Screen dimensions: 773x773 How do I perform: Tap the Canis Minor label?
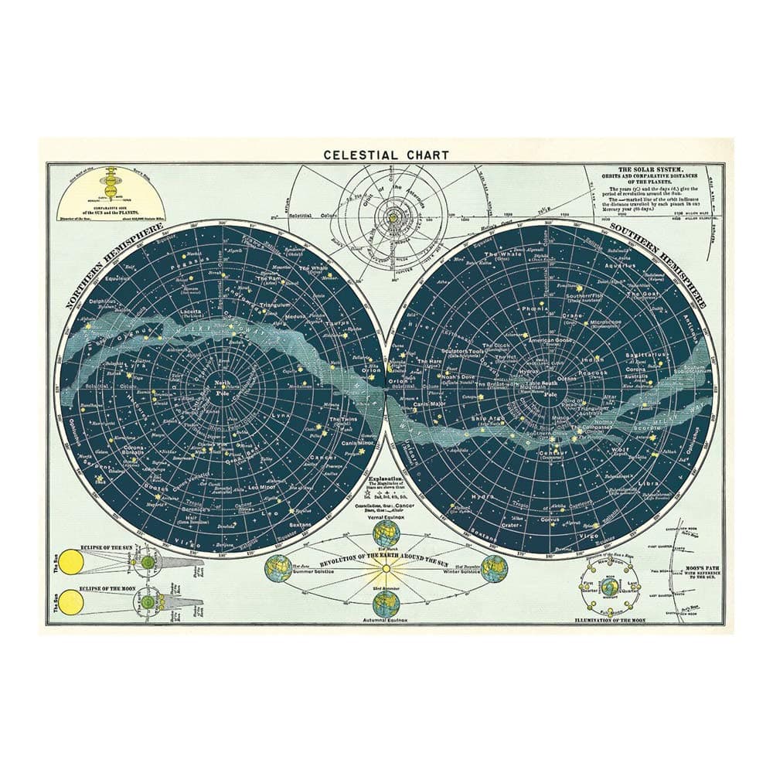click(x=352, y=443)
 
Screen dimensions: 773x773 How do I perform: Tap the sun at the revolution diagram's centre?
click(x=385, y=572)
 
